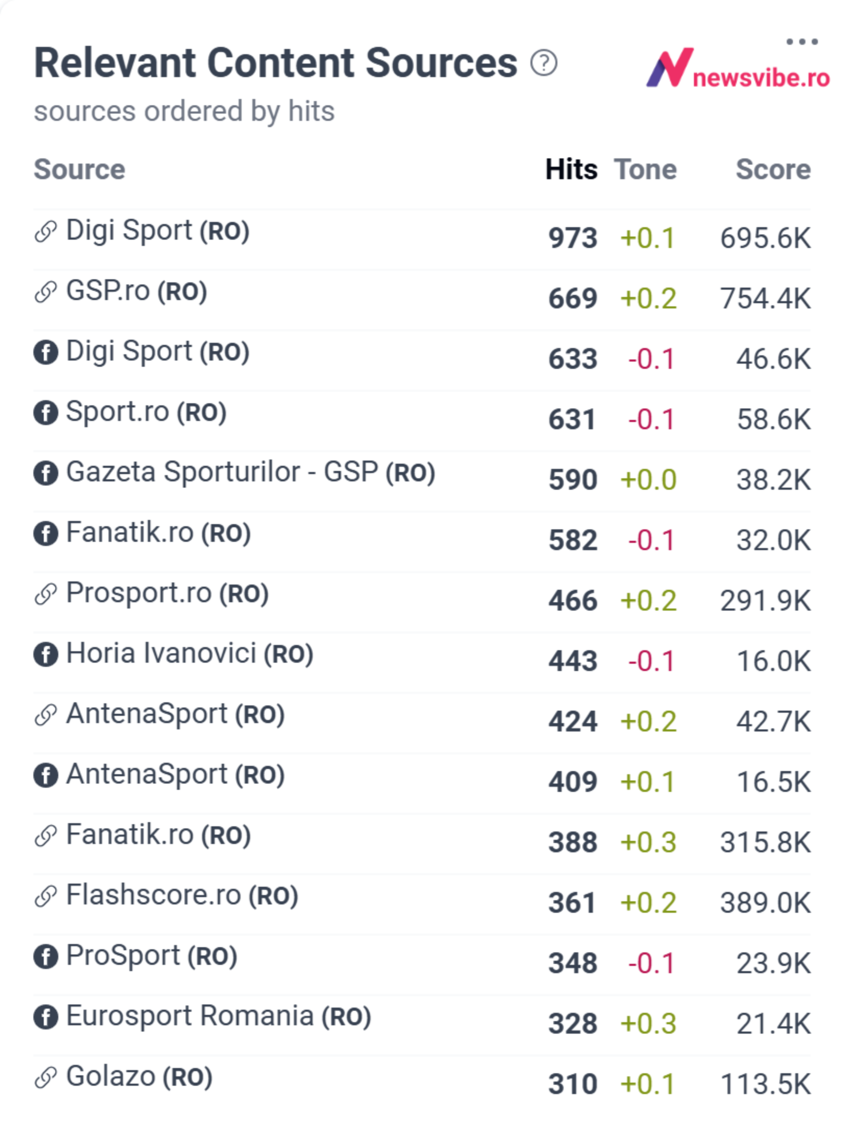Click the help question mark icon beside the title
543,63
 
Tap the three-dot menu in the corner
802,41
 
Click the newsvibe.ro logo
738,68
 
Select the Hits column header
571,169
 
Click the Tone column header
645,169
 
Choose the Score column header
773,169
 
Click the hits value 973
573,238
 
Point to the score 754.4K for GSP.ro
765,299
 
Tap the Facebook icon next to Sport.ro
46,413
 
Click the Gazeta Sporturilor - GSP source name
222,472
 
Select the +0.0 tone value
648,480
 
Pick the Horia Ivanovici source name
161,653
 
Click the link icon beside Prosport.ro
46,594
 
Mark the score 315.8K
765,842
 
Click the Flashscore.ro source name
154,895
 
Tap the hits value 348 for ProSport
573,963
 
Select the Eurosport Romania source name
190,1016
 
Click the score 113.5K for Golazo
765,1084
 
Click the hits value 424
573,722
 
